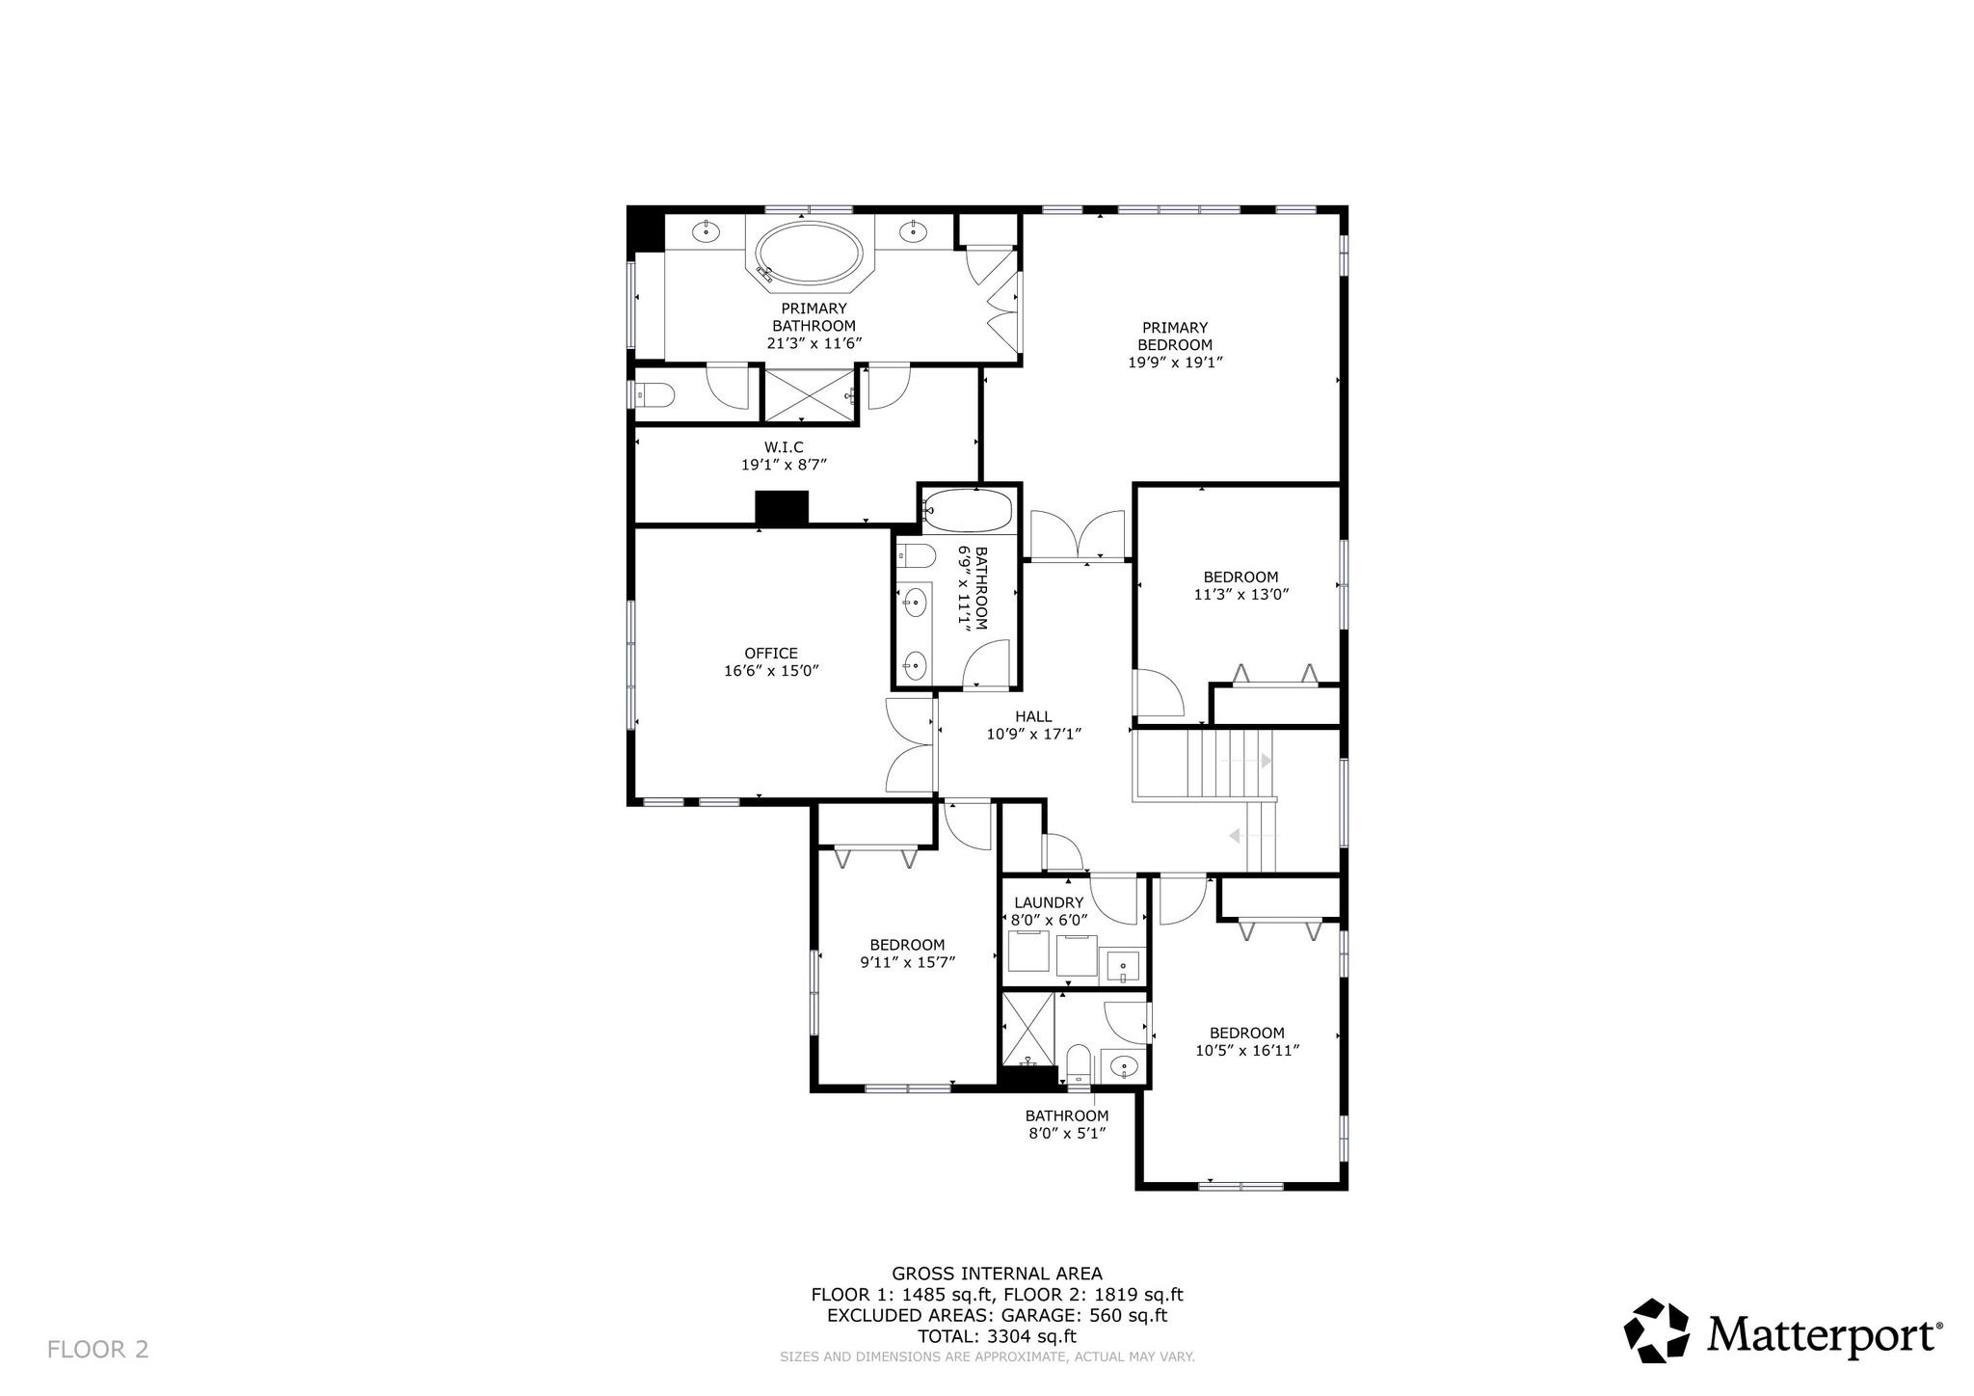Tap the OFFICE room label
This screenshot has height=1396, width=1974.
[771, 654]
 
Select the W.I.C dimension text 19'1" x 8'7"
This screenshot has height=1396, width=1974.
[784, 465]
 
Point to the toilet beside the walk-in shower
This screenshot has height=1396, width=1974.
[656, 394]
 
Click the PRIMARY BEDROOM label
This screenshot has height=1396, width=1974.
[1175, 336]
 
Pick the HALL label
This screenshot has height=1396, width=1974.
[1033, 716]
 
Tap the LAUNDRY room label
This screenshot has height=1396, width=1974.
[1049, 902]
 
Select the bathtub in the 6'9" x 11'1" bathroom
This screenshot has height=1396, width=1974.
[968, 511]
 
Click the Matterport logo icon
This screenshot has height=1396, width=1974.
[1657, 1330]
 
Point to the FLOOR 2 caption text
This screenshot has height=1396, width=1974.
[98, 1350]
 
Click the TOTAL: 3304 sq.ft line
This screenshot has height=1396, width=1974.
[997, 1336]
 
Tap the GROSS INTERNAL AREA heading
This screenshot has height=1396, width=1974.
[997, 1274]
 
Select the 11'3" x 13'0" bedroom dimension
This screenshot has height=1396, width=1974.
[1240, 595]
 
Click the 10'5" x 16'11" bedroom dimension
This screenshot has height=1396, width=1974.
[1247, 1051]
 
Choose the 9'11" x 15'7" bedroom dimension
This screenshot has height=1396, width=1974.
[907, 961]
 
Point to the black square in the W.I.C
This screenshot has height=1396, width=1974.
[781, 508]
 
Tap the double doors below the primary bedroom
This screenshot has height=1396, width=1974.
[1078, 535]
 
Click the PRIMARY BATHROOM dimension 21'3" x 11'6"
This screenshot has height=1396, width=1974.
[814, 343]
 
